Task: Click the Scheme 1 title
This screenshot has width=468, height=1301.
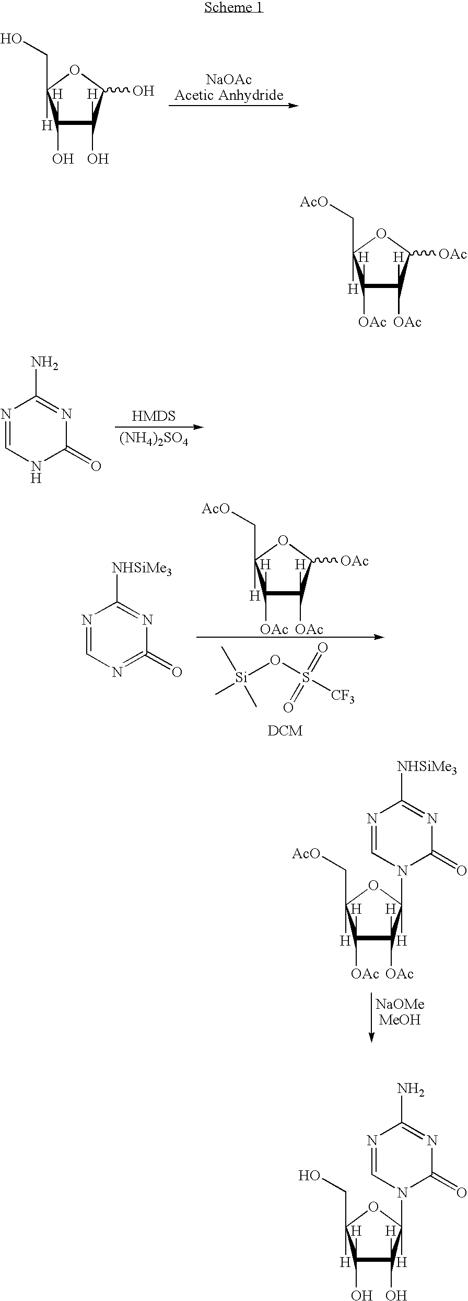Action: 233,7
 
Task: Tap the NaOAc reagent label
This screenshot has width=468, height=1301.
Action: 229,79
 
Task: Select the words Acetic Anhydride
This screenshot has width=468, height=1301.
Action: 229,95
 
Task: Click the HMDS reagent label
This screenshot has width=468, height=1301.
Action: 154,416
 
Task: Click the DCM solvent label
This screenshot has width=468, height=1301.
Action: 285,730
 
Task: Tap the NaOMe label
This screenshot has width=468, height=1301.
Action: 400,1004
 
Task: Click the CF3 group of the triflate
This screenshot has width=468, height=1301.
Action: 343,696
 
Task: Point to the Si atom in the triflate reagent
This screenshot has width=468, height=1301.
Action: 241,678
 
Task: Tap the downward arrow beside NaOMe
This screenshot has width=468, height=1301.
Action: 371,1017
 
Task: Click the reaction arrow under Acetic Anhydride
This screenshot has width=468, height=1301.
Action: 233,106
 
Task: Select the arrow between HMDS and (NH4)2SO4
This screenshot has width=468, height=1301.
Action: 159,427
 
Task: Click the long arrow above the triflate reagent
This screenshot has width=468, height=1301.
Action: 290,637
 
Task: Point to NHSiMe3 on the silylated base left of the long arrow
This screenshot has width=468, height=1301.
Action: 142,569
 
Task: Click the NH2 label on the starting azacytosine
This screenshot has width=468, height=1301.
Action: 45,363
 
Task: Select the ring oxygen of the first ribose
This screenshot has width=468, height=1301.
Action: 75,70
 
